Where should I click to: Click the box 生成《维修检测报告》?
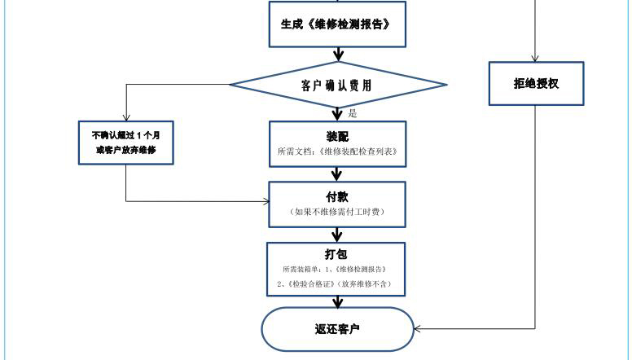click(x=337, y=24)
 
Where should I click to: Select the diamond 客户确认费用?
click(x=337, y=84)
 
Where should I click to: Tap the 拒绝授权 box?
click(x=536, y=84)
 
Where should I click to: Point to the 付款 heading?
click(x=337, y=196)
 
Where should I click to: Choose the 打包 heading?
click(x=337, y=255)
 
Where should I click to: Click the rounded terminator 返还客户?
click(x=337, y=329)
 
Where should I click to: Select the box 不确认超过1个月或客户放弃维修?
click(x=126, y=143)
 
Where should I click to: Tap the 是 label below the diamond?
click(x=353, y=114)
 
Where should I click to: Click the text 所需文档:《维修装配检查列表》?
click(x=337, y=151)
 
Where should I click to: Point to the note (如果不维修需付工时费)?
click(x=337, y=212)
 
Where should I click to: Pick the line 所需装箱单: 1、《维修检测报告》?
click(x=337, y=269)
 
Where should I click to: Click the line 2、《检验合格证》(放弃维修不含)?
click(x=337, y=283)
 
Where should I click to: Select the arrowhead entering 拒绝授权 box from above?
click(x=536, y=58)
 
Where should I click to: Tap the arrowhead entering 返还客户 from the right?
click(x=418, y=329)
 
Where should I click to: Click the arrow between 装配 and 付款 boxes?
click(x=337, y=173)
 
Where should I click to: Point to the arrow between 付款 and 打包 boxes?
click(x=337, y=235)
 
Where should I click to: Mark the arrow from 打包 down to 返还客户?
click(x=337, y=301)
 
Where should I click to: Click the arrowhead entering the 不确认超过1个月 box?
click(x=126, y=116)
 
